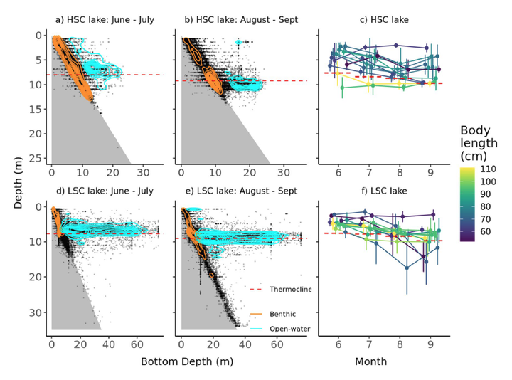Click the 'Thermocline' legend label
[x=290, y=289]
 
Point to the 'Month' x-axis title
[x=371, y=361]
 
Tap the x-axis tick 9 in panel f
[x=430, y=344]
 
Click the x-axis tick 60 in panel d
[x=137, y=344]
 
